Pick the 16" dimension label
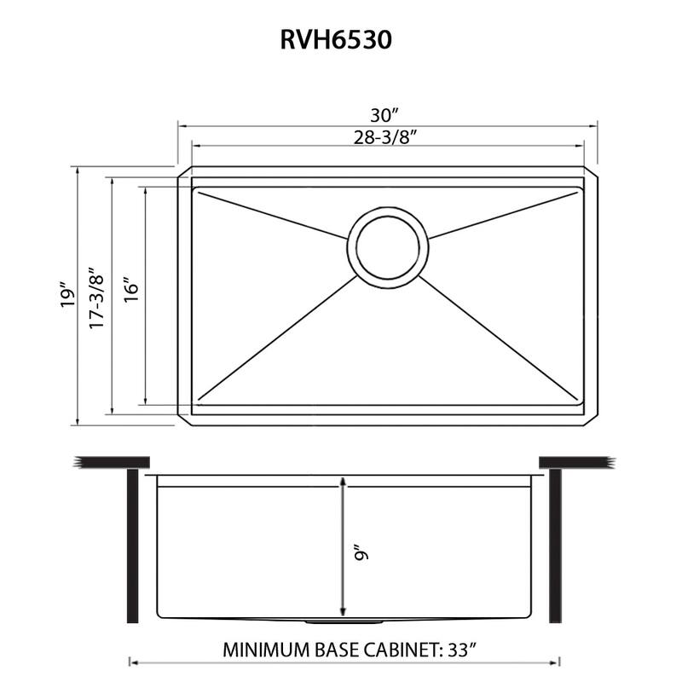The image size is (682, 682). tap(130, 295)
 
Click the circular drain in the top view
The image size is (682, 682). tap(389, 246)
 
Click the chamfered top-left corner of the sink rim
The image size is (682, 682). tap(183, 173)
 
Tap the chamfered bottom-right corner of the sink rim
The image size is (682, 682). tap(591, 419)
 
